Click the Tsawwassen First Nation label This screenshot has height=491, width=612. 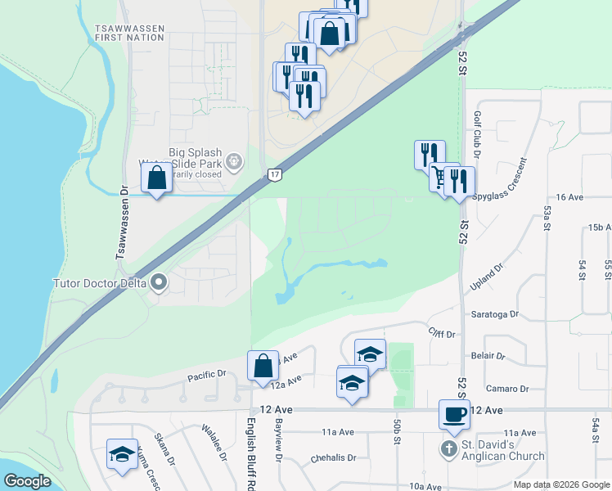click(x=129, y=33)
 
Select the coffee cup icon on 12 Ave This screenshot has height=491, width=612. click(x=454, y=414)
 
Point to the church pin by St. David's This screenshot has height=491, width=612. click(x=448, y=449)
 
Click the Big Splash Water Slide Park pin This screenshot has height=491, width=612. click(x=235, y=160)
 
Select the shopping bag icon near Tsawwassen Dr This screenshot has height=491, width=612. click(x=156, y=178)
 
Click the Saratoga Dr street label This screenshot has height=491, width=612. click(x=495, y=313)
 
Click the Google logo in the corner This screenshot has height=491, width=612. click(x=28, y=481)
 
